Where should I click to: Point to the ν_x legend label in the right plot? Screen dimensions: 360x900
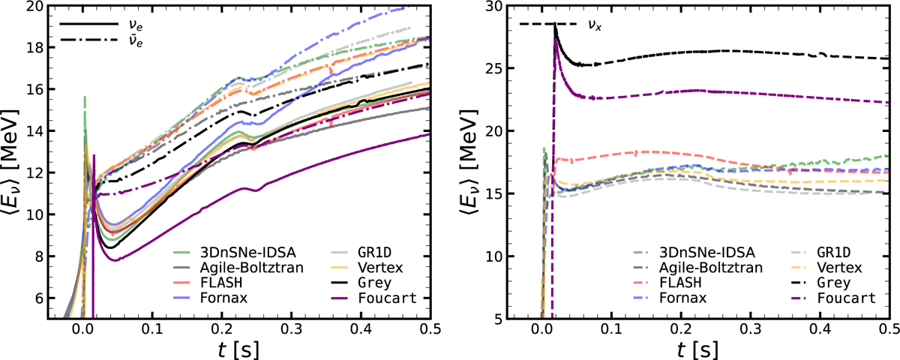click(595, 25)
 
